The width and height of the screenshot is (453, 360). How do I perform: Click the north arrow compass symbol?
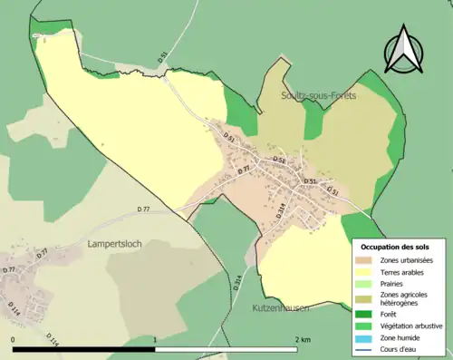[x=403, y=50]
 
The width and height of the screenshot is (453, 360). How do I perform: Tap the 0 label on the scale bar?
[x=14, y=339]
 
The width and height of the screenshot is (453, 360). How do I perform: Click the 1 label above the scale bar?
[x=155, y=339]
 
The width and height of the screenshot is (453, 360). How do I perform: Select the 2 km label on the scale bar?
[x=303, y=339]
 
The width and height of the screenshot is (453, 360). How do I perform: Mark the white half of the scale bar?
[x=226, y=349]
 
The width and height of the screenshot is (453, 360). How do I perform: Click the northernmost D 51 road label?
[x=162, y=56]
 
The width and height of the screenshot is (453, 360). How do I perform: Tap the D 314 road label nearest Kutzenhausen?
[x=238, y=282]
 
